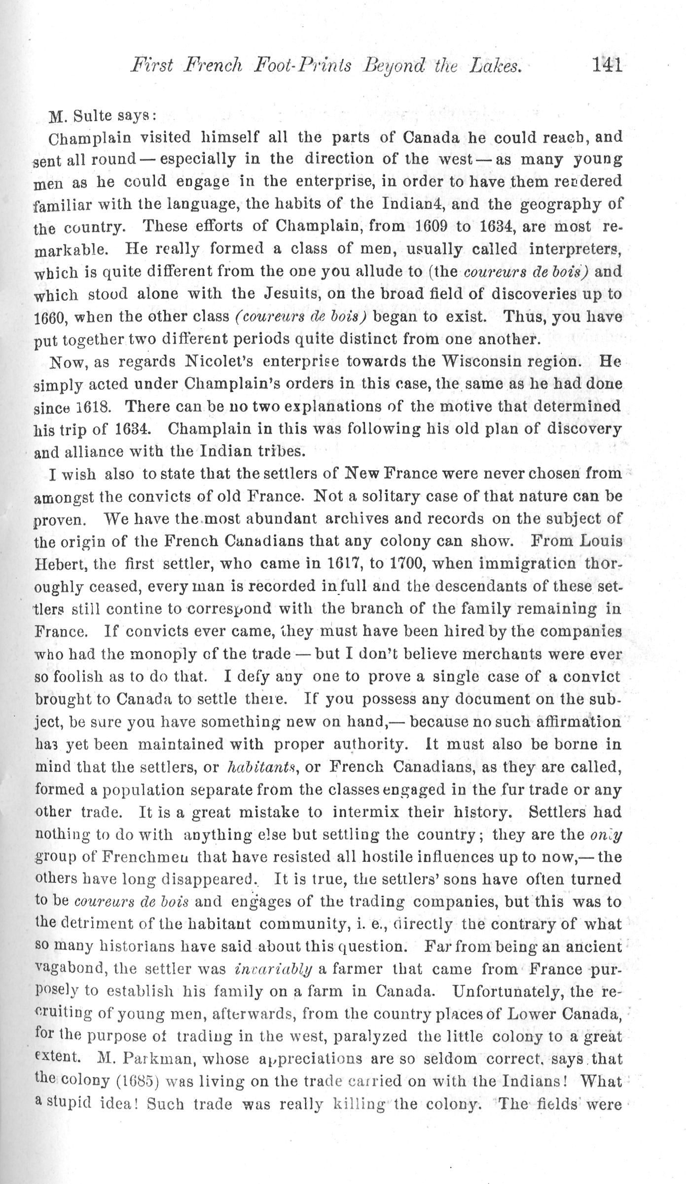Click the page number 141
click(x=607, y=66)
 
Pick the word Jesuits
click(x=298, y=294)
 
